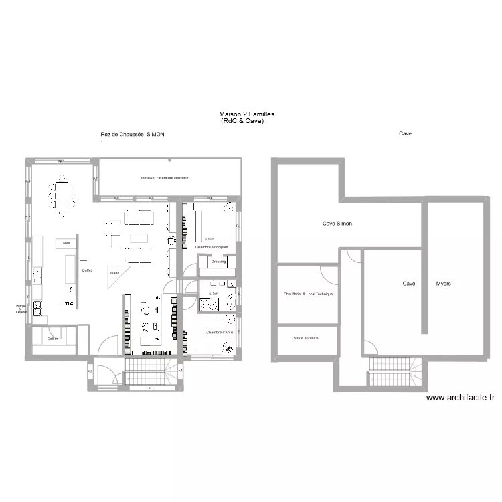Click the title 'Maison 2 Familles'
(246, 114)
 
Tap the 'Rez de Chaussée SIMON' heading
(132, 134)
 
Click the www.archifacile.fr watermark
(461, 398)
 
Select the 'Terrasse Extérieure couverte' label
(164, 178)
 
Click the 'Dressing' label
(218, 262)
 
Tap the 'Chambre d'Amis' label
(219, 333)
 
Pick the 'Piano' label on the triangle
(115, 273)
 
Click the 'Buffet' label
(86, 270)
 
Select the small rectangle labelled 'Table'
(65, 243)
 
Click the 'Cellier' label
(53, 339)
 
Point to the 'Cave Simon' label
(337, 224)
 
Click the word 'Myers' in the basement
(443, 284)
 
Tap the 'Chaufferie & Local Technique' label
(308, 294)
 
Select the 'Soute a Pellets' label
(305, 338)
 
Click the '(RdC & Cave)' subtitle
(242, 121)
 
